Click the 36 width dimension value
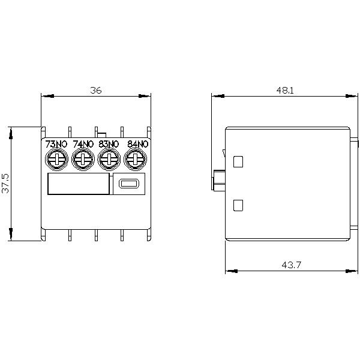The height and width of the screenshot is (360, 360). point(96,90)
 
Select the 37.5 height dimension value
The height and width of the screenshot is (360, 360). point(6,183)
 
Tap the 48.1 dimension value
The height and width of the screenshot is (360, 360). point(284,90)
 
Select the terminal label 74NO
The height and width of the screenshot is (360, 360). point(83,144)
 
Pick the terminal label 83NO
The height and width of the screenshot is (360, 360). point(109,144)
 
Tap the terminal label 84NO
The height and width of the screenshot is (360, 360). point(137,144)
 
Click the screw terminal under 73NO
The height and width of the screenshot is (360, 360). point(56,160)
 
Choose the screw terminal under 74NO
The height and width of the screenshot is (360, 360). point(82,160)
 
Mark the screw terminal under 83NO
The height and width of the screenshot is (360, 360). point(109,160)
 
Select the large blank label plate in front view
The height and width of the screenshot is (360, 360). point(77,184)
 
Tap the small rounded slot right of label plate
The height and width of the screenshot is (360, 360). point(128,185)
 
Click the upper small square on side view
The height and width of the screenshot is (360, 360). point(238,161)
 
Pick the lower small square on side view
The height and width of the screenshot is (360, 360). point(238,205)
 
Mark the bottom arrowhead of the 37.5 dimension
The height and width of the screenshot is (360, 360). point(11,235)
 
